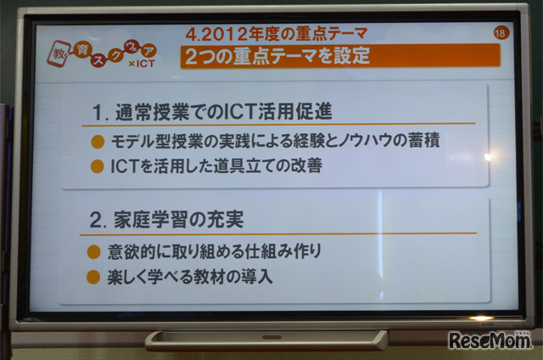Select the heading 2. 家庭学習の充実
165,219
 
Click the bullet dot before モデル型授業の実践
98,141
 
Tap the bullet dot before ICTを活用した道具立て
98,166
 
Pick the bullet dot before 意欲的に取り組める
95,252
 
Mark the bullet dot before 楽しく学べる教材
95,277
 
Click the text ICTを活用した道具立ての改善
216,166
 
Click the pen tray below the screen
266,340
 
